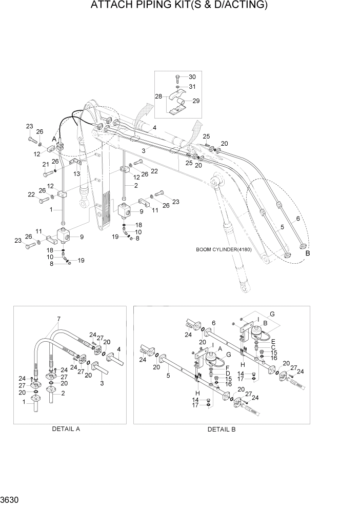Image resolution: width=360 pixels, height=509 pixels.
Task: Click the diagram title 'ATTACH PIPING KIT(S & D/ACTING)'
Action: pos(179,6)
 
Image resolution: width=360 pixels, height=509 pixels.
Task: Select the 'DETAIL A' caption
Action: pos(66,429)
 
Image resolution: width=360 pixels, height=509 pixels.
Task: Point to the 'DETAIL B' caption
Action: pos(221,429)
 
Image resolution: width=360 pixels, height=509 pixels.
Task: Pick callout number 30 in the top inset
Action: pos(192,77)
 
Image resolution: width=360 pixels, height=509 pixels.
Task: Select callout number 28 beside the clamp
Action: pos(158,96)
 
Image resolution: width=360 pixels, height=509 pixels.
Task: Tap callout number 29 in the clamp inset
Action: pos(196,101)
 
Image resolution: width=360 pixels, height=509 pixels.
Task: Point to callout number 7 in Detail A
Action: pos(59,319)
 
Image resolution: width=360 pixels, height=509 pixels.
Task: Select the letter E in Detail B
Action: pos(273,341)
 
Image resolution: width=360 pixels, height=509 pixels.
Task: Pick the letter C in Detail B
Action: pos(273,347)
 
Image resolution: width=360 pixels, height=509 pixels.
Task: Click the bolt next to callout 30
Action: pos(176,78)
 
